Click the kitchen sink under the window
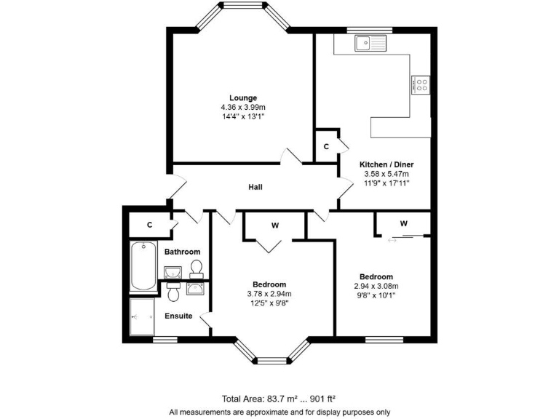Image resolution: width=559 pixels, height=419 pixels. point(372,44)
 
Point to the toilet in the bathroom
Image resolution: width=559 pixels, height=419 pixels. point(195,270)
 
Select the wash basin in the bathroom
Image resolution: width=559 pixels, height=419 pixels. point(173,273)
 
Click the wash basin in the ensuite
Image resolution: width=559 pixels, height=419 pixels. point(194,290)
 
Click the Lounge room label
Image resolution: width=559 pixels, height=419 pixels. point(243,97)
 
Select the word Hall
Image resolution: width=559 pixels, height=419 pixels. point(255,188)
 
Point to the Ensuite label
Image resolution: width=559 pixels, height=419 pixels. point(178,316)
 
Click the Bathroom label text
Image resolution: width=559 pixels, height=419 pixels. point(182,252)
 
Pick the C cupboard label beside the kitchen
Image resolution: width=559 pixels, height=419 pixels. point(326,146)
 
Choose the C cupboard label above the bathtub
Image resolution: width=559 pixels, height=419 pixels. point(149,225)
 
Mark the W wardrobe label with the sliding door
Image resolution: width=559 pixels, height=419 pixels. point(403,223)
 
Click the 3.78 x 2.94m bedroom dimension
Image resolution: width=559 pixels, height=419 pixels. point(269,294)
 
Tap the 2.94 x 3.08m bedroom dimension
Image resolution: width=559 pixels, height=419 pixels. point(376,287)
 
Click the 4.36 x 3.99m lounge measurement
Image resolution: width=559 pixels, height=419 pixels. point(243,107)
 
